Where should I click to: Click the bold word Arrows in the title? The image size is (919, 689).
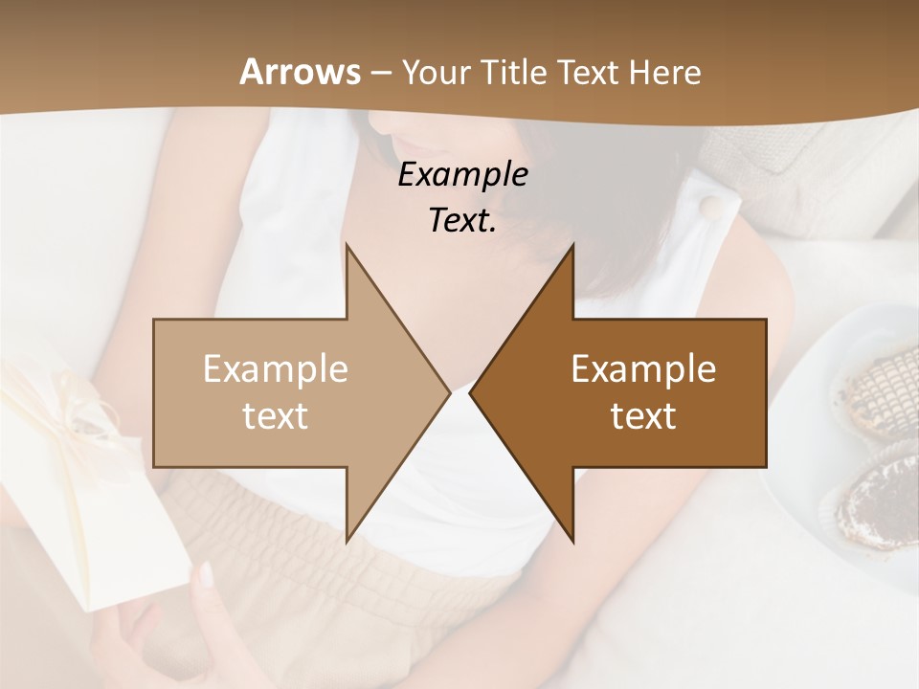point(301,72)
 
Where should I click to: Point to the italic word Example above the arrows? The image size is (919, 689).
point(463,174)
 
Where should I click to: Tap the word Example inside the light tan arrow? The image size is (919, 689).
point(276,369)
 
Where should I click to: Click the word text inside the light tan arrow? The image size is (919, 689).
point(276,416)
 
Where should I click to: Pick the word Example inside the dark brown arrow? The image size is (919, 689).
point(643,369)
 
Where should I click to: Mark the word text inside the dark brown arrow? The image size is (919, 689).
point(643,416)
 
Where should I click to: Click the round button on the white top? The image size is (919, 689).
point(709,208)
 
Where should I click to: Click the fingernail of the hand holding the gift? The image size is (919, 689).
point(205,575)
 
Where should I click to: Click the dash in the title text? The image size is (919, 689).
point(380,73)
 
